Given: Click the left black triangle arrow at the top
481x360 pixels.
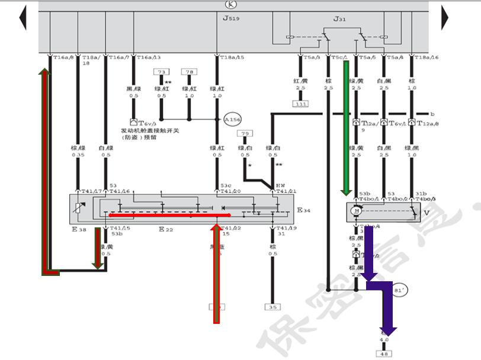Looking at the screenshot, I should [x=23, y=18].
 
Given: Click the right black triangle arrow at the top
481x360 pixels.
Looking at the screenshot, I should [x=445, y=18].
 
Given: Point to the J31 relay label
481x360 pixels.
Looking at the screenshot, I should [x=339, y=19].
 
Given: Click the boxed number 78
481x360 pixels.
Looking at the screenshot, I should [x=189, y=72].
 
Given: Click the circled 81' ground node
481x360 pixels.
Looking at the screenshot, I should [x=400, y=291].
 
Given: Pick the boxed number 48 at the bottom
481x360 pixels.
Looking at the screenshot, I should [x=384, y=353].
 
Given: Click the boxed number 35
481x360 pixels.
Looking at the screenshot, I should [x=272, y=307].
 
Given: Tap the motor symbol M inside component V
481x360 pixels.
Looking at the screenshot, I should [x=357, y=211].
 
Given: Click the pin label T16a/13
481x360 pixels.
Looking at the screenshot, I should [x=149, y=57].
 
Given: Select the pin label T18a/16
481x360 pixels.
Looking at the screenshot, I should [x=427, y=57].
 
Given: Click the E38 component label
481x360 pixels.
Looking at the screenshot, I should [x=78, y=229].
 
